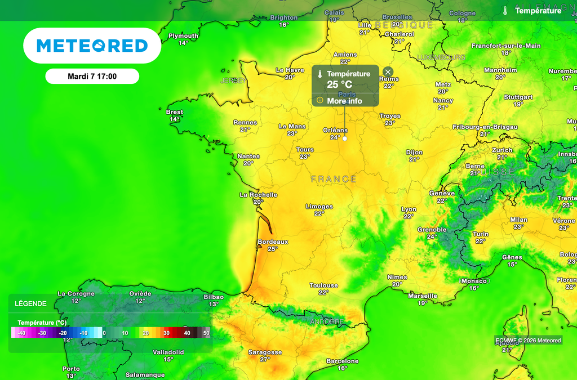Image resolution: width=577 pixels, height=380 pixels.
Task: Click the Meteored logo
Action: pyautogui.click(x=92, y=46)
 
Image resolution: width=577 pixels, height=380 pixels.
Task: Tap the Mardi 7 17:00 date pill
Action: pyautogui.click(x=92, y=76)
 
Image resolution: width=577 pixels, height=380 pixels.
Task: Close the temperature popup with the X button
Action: pyautogui.click(x=388, y=72)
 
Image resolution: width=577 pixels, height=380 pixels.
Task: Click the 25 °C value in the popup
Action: pyautogui.click(x=339, y=84)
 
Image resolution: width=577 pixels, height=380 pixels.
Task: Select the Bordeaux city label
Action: pyautogui.click(x=272, y=242)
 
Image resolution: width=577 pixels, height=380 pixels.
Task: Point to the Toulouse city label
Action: pyautogui.click(x=323, y=286)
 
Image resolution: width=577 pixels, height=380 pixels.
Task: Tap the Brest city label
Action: pyautogui.click(x=175, y=113)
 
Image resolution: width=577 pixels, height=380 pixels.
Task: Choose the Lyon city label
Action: pyautogui.click(x=409, y=209)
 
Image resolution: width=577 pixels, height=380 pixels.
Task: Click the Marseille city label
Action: pyautogui.click(x=423, y=296)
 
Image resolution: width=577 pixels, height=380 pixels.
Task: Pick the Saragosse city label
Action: pyautogui.click(x=265, y=352)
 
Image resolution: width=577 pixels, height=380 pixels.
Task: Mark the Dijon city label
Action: pyautogui.click(x=414, y=153)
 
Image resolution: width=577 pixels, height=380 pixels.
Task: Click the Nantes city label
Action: pyautogui.click(x=248, y=157)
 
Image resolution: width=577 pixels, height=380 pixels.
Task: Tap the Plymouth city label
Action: pyautogui.click(x=183, y=36)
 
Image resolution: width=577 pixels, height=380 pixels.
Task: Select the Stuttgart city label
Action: pyautogui.click(x=518, y=97)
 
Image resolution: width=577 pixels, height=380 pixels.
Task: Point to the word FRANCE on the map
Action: pyautogui.click(x=334, y=179)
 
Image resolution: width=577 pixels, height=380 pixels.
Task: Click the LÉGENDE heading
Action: pyautogui.click(x=31, y=303)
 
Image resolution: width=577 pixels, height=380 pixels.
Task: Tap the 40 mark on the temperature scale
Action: pyautogui.click(x=187, y=333)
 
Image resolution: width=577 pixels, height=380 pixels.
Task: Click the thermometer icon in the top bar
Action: pyautogui.click(x=505, y=11)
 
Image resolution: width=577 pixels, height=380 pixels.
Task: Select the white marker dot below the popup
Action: pyautogui.click(x=345, y=138)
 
